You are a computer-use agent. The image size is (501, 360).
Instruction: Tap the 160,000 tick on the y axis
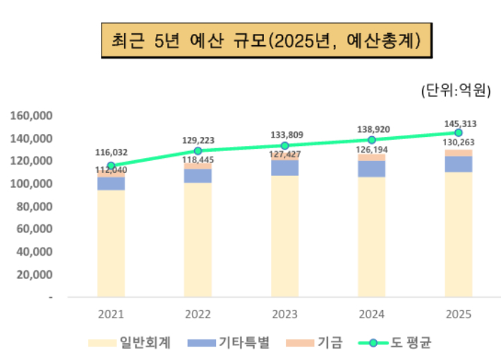(x=32, y=116)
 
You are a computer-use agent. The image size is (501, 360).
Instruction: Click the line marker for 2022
(x=198, y=151)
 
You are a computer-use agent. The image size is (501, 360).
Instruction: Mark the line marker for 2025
(x=458, y=133)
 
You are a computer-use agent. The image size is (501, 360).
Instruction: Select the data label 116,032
(x=111, y=152)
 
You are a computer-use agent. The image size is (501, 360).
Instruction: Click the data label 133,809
(x=284, y=134)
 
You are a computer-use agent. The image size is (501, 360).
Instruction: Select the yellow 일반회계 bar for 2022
(x=198, y=240)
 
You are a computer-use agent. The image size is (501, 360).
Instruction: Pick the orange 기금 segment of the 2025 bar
(x=458, y=153)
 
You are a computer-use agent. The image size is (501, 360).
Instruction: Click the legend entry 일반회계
(x=129, y=343)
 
